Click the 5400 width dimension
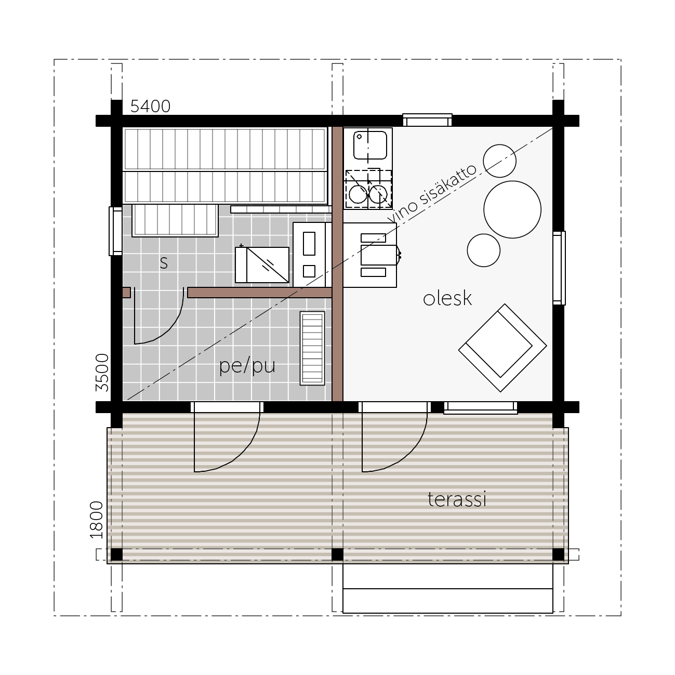[x=150, y=106]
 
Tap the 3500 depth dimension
[x=102, y=373]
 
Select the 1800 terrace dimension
[x=97, y=520]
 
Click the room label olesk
[x=447, y=298]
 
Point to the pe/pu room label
[x=247, y=366]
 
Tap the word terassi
[x=457, y=499]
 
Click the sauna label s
[x=164, y=262]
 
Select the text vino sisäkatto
[x=432, y=193]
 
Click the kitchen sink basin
[x=370, y=145]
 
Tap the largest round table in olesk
[x=512, y=209]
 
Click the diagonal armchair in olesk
[x=502, y=348]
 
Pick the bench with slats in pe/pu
[x=312, y=348]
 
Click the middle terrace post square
[x=337, y=554]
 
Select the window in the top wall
[x=427, y=120]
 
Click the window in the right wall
[x=559, y=268]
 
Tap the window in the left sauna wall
[x=115, y=231]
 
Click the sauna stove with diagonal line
[x=262, y=265]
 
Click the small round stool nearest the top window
[x=499, y=161]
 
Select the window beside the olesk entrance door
[x=481, y=408]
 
